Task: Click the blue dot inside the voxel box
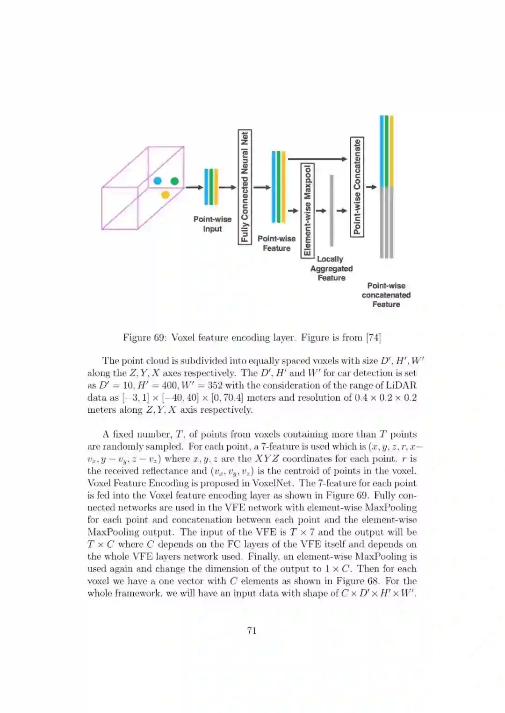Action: (158, 181)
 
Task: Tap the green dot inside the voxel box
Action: (174, 181)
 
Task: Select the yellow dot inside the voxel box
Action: (165, 194)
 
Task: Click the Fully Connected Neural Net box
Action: (245, 187)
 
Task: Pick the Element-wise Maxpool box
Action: (307, 210)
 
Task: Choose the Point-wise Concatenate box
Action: (357, 187)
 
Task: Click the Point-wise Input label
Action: (212, 224)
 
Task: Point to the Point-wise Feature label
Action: (276, 243)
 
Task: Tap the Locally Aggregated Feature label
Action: (331, 268)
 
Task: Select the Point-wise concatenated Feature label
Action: (386, 295)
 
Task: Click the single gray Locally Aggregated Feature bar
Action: (332, 210)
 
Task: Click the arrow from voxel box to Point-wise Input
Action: (194, 187)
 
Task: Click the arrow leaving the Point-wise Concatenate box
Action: (371, 187)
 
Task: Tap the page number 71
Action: (252, 631)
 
